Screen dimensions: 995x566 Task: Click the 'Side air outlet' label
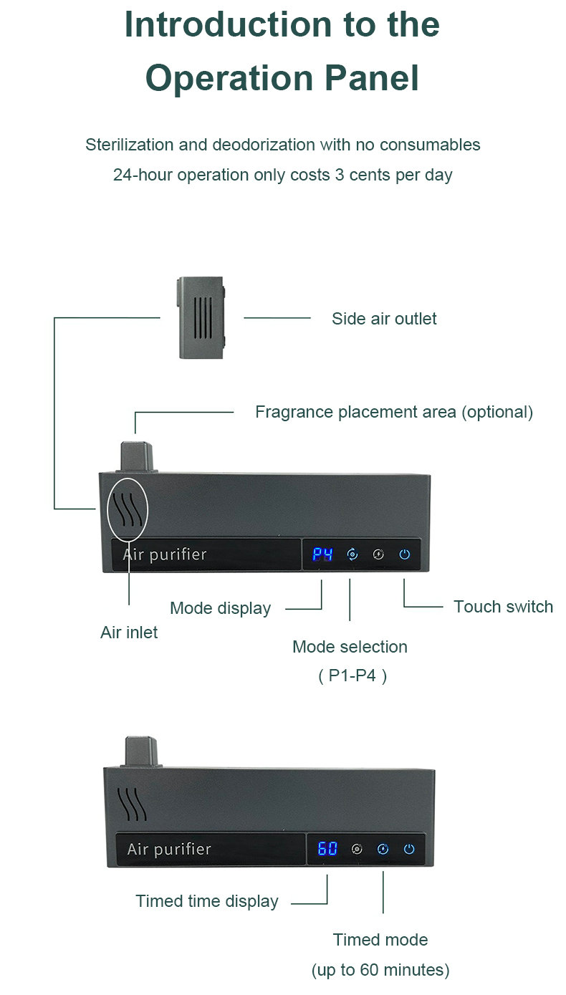[x=384, y=319]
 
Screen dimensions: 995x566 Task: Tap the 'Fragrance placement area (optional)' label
[x=394, y=412]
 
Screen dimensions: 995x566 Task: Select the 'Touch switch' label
[x=503, y=607]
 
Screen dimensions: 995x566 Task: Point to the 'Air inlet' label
[x=129, y=632]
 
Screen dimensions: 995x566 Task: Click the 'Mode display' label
[x=220, y=608]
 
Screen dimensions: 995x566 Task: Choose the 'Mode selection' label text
[x=350, y=647]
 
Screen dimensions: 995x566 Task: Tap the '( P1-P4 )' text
[x=352, y=676]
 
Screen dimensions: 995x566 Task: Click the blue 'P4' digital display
[x=322, y=554]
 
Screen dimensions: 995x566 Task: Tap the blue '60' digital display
[x=327, y=849]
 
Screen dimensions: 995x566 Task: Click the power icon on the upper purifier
[x=405, y=554]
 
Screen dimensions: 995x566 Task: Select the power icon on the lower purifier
[x=409, y=849]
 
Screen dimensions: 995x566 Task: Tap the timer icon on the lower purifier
[x=383, y=849]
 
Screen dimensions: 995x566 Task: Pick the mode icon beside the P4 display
[x=352, y=554]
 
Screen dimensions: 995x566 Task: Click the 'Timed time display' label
[x=207, y=901]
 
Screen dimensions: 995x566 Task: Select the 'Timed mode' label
[x=380, y=940]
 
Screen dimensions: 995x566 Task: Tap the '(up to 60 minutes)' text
[x=380, y=970]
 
